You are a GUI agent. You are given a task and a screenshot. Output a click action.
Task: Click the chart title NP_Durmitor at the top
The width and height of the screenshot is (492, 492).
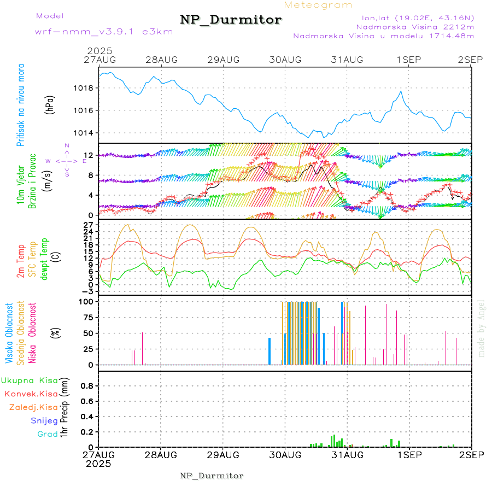[x=231, y=20]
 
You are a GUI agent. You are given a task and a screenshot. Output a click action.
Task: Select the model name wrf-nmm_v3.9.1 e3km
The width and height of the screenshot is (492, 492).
[x=88, y=32]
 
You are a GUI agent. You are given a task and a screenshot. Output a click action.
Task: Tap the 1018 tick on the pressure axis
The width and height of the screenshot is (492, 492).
[x=85, y=88]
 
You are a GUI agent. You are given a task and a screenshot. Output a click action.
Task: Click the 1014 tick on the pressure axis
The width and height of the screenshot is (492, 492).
[x=85, y=133]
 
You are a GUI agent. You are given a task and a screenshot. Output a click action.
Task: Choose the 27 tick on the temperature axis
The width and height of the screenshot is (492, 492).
[x=90, y=225]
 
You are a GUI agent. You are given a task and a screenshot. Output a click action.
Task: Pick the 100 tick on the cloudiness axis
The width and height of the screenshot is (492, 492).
[x=87, y=301]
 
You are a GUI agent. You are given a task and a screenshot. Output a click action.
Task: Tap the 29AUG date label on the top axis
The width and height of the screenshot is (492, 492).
[x=223, y=59]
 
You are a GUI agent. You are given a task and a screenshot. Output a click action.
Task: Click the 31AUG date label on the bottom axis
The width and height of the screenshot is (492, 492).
[x=347, y=454]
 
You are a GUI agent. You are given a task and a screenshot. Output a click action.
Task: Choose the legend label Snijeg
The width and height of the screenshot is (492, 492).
[x=44, y=421]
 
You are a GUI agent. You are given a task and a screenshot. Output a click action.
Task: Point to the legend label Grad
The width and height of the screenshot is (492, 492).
[x=48, y=435]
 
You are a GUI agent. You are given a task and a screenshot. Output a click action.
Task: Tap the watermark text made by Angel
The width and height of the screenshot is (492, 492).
[x=482, y=328]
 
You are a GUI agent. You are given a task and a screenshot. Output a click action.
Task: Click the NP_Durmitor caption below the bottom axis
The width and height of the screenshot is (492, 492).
[x=212, y=476]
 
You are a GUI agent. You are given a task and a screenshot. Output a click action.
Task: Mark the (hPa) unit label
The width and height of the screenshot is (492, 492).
[x=50, y=104]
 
